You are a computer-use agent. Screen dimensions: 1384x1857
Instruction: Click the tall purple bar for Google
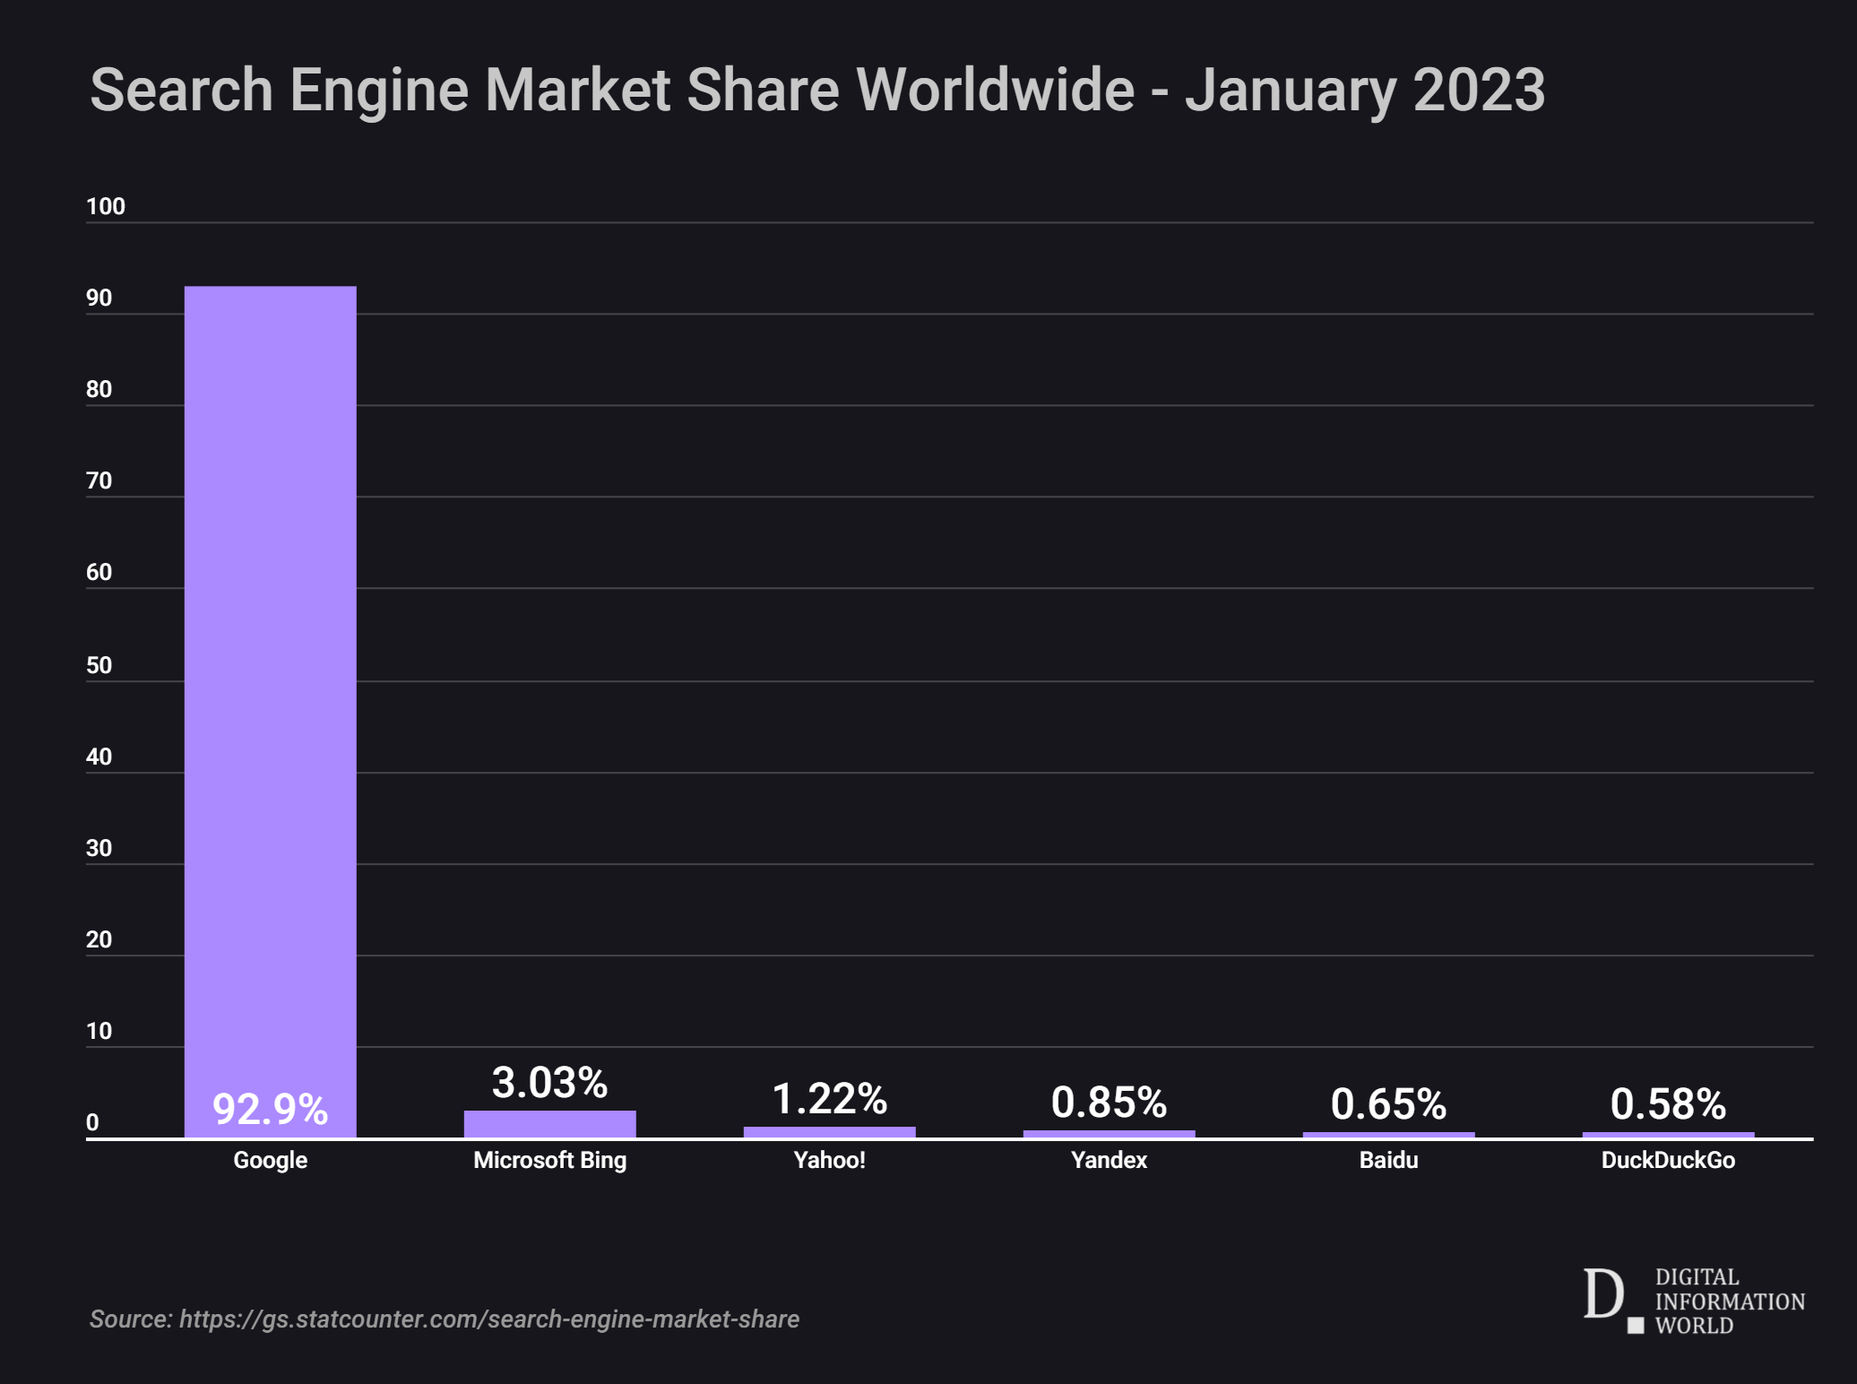270,681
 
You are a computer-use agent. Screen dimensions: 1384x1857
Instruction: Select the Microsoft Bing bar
549,1124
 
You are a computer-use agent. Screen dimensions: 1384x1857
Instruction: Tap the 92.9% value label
270,1110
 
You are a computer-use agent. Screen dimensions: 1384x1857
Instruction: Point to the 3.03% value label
549,1083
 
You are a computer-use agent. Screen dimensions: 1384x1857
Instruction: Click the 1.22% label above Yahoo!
829,1099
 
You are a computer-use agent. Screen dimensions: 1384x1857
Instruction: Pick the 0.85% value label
1109,1103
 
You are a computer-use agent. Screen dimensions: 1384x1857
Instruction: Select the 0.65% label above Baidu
1388,1104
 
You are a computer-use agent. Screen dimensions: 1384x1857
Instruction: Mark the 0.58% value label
1668,1104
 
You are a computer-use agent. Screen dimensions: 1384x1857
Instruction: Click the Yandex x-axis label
1109,1160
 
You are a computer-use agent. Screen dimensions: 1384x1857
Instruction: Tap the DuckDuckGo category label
1668,1160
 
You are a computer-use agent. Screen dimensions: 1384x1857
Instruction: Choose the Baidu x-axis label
1388,1160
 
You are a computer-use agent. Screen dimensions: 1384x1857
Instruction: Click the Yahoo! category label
829,1160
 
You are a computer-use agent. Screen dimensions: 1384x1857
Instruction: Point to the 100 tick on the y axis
106,207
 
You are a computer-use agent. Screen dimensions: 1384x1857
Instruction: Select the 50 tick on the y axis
99,665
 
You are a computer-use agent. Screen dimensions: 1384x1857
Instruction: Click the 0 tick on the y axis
92,1122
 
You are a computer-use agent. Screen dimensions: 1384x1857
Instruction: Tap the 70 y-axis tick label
99,481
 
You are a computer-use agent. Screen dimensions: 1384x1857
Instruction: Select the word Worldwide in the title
995,90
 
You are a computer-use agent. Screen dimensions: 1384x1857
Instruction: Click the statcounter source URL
488,1319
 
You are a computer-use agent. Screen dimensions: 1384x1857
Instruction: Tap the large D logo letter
1602,1294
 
